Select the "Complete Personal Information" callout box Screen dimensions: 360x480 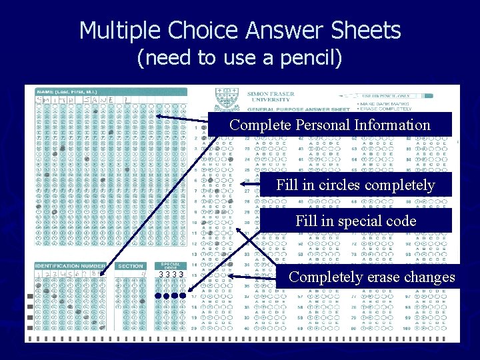[x=330, y=125]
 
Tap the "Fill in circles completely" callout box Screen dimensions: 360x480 [x=355, y=185]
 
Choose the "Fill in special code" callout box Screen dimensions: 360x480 [x=355, y=221]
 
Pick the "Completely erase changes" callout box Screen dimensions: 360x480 [x=372, y=277]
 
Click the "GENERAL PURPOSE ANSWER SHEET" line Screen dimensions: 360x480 [x=298, y=109]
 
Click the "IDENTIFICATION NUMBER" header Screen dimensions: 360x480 [x=70, y=266]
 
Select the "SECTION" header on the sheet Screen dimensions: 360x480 [x=130, y=266]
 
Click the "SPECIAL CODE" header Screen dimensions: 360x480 [x=170, y=266]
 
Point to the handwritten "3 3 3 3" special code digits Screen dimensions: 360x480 [x=171, y=275]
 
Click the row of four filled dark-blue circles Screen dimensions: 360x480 [x=169, y=295]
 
